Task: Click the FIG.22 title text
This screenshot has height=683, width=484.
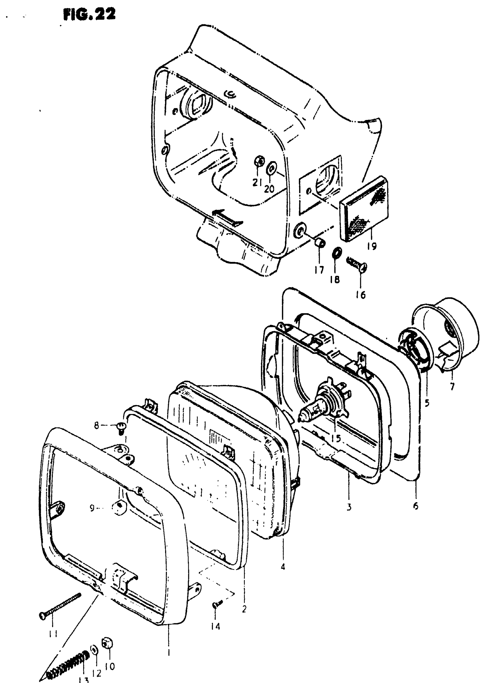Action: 89,14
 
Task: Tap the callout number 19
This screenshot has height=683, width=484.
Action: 372,246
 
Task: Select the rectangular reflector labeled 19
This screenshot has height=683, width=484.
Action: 364,209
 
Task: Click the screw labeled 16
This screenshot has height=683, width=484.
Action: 357,263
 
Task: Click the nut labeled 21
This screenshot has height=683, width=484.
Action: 259,162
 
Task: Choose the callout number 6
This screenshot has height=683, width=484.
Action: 415,505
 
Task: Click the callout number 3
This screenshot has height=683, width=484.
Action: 349,506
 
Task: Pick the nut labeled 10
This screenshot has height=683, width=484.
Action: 107,644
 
